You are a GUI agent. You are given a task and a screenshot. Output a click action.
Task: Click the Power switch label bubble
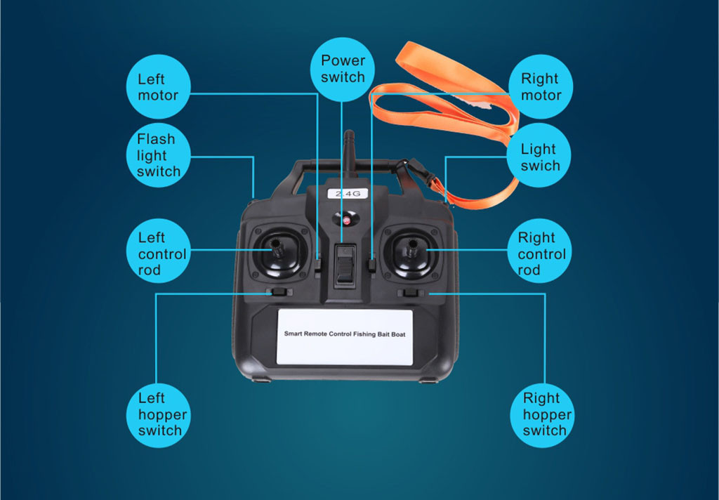[342, 70]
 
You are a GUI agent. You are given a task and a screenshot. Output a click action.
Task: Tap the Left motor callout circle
[158, 86]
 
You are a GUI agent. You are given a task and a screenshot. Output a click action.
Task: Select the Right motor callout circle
[541, 86]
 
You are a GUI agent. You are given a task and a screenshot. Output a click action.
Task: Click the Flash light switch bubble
[158, 155]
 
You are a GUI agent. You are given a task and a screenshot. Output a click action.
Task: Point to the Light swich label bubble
[539, 155]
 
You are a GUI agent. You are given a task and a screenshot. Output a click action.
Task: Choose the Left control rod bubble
[158, 251]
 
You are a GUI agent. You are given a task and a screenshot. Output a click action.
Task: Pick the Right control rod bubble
[539, 251]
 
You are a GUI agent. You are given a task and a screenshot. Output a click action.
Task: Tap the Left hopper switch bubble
[158, 416]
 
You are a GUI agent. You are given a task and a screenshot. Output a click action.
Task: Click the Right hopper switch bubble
[542, 416]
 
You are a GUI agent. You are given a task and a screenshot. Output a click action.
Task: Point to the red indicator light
[346, 221]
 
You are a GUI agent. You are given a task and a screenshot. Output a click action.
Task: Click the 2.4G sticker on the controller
[348, 194]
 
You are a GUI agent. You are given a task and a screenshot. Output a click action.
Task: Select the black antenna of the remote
[350, 154]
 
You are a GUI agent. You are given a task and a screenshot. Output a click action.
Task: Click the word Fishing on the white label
[364, 334]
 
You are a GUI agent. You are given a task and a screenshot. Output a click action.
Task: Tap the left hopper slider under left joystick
[278, 291]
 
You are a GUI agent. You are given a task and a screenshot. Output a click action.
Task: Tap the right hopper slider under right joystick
[410, 293]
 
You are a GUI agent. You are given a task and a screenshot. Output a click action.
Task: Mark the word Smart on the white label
[293, 334]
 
